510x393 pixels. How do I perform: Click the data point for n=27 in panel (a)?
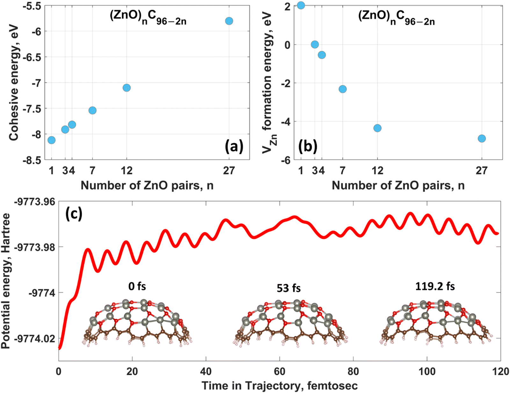pos(229,21)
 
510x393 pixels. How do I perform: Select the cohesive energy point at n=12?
pos(127,88)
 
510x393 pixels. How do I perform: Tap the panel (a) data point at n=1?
pos(51,140)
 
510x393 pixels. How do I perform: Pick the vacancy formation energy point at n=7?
pos(343,89)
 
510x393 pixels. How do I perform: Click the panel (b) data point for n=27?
pos(482,139)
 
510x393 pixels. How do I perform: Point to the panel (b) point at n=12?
pos(377,128)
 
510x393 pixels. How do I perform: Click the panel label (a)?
pos(234,146)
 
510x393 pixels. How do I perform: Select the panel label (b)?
pos(308,146)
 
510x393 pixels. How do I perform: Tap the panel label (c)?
pos(74,214)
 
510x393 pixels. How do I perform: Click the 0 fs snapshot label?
pos(137,286)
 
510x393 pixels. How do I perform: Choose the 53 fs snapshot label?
pos(288,288)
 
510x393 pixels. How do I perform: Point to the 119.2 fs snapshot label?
pos(435,286)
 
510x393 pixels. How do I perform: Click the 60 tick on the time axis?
pos(280,371)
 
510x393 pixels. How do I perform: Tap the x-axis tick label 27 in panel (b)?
pos(482,171)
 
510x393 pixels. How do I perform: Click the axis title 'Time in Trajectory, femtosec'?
pos(280,386)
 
